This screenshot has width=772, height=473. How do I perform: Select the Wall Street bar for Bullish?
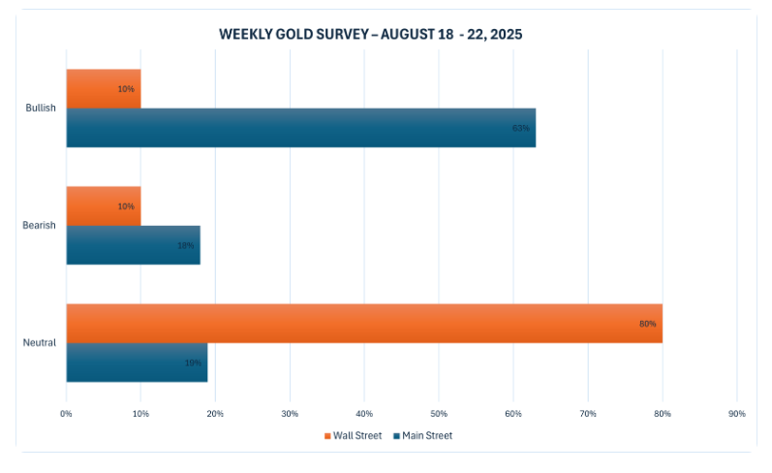tap(103, 88)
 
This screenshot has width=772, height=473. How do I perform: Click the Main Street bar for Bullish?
tap(300, 128)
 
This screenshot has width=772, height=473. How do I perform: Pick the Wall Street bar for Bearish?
tap(103, 205)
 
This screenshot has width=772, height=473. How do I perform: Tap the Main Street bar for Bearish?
tap(133, 245)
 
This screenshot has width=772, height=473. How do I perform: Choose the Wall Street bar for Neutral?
tap(363, 323)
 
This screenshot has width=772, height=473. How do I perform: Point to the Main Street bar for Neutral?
tap(137, 363)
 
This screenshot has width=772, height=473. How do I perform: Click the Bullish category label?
tap(41, 109)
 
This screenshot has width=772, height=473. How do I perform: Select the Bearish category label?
tap(40, 226)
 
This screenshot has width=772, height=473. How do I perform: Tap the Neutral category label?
tap(40, 343)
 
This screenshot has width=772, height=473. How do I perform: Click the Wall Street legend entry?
tap(353, 435)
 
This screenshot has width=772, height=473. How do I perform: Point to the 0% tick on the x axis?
tap(66, 415)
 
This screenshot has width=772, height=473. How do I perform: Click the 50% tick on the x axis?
tap(438, 415)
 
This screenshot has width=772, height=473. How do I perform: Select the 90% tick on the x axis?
tap(736, 415)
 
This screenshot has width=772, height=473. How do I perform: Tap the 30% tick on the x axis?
tap(290, 415)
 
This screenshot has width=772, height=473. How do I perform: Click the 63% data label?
tap(520, 128)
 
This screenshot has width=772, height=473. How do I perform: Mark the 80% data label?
tap(647, 323)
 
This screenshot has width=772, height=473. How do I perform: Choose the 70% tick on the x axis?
tap(587, 415)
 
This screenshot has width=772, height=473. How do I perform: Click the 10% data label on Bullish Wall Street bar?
tap(126, 89)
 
